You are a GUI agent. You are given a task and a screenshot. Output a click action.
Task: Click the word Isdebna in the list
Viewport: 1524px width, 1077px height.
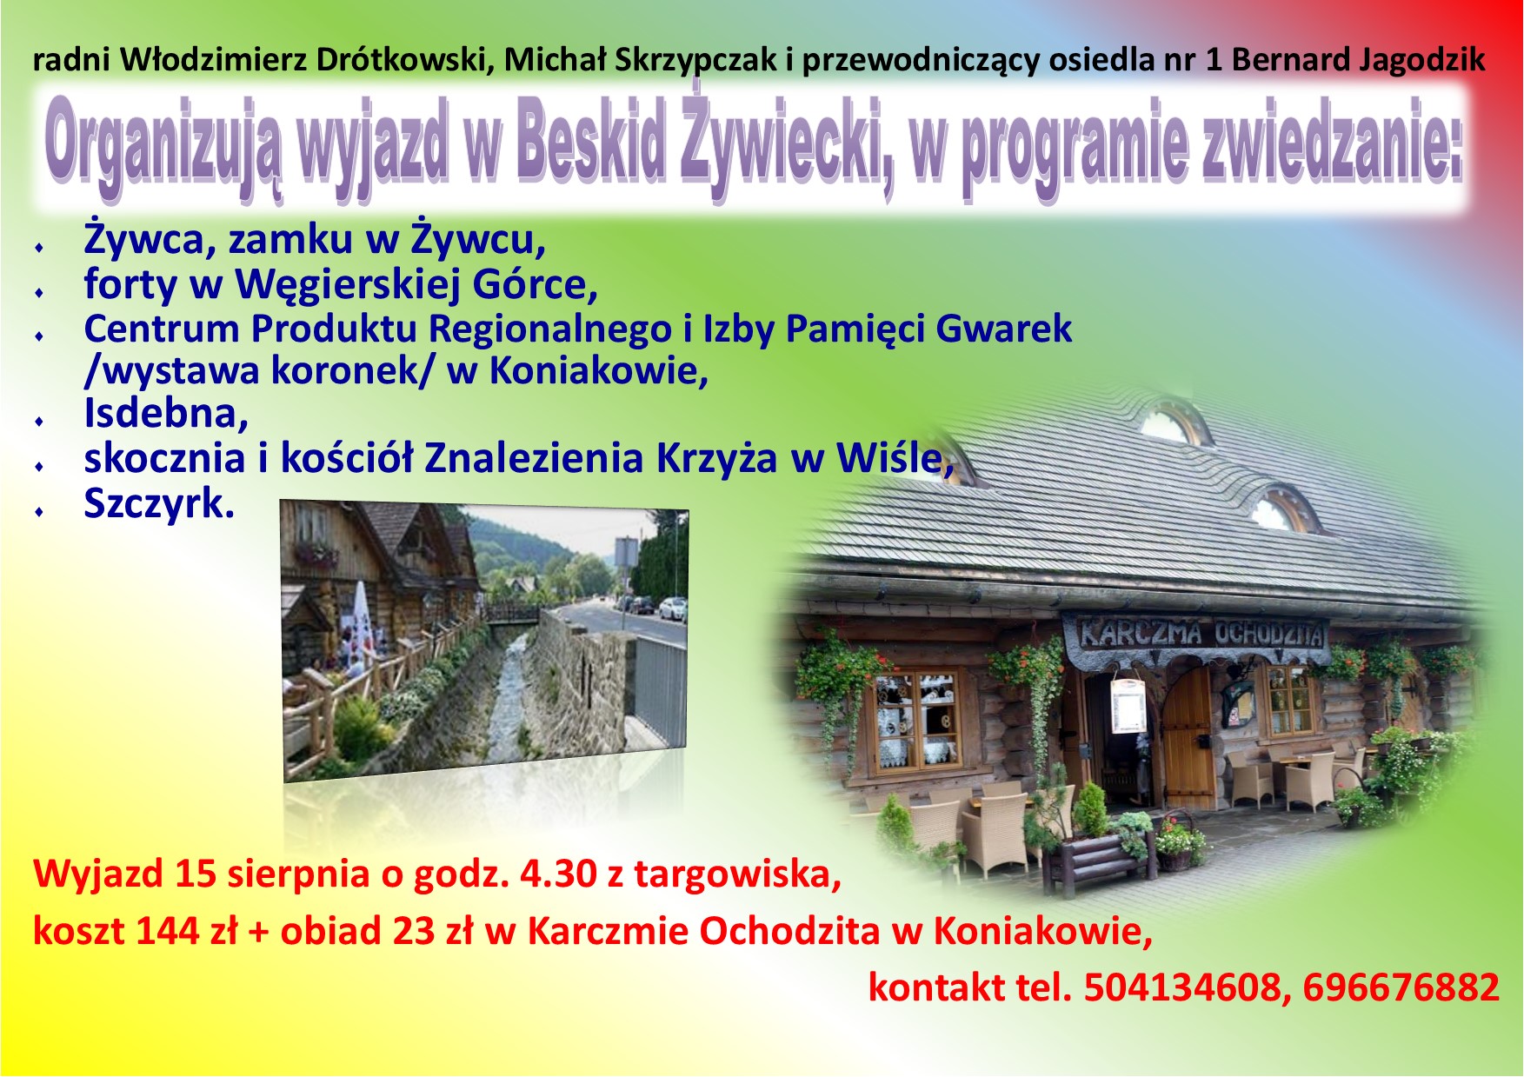coord(166,413)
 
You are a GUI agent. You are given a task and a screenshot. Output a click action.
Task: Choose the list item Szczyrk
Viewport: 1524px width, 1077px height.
coord(159,504)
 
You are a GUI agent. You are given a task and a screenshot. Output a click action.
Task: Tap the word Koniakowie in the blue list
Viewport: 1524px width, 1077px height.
coord(598,371)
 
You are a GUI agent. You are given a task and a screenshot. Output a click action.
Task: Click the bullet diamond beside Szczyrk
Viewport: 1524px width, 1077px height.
coord(39,511)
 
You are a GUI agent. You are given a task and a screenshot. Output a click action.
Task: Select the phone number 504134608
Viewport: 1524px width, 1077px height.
coord(1182,987)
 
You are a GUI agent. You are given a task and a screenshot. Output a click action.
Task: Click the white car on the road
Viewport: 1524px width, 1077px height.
coord(672,608)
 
